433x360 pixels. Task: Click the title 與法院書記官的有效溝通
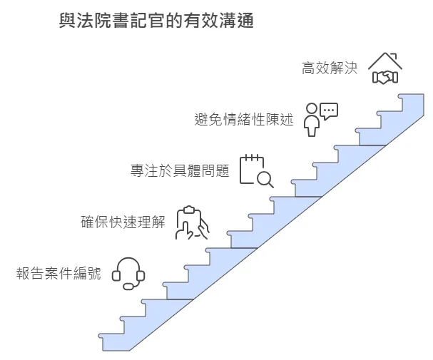(x=156, y=21)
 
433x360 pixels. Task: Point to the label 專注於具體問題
(x=179, y=171)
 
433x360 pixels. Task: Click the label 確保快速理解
(x=123, y=222)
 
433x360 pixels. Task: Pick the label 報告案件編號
(x=58, y=273)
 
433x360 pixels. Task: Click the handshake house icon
(x=385, y=68)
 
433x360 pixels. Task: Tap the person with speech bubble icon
(x=320, y=118)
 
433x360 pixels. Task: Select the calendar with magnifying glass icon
(x=256, y=170)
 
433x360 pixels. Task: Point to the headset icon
(x=129, y=273)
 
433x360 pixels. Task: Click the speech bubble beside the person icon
(x=328, y=110)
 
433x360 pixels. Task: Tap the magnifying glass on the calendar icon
(x=265, y=178)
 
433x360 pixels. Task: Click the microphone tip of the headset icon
(x=128, y=287)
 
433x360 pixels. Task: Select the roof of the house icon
(x=385, y=58)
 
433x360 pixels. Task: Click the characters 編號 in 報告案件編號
(x=90, y=273)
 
